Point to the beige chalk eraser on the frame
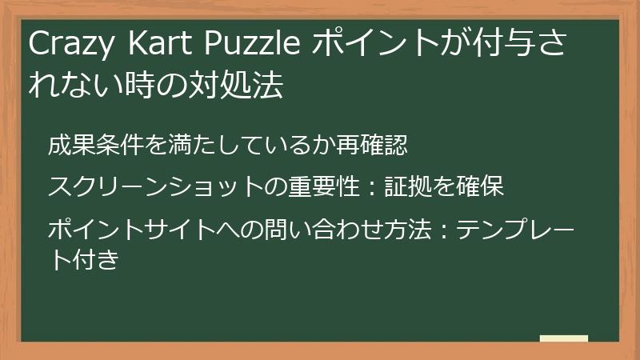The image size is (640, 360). coord(563,338)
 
